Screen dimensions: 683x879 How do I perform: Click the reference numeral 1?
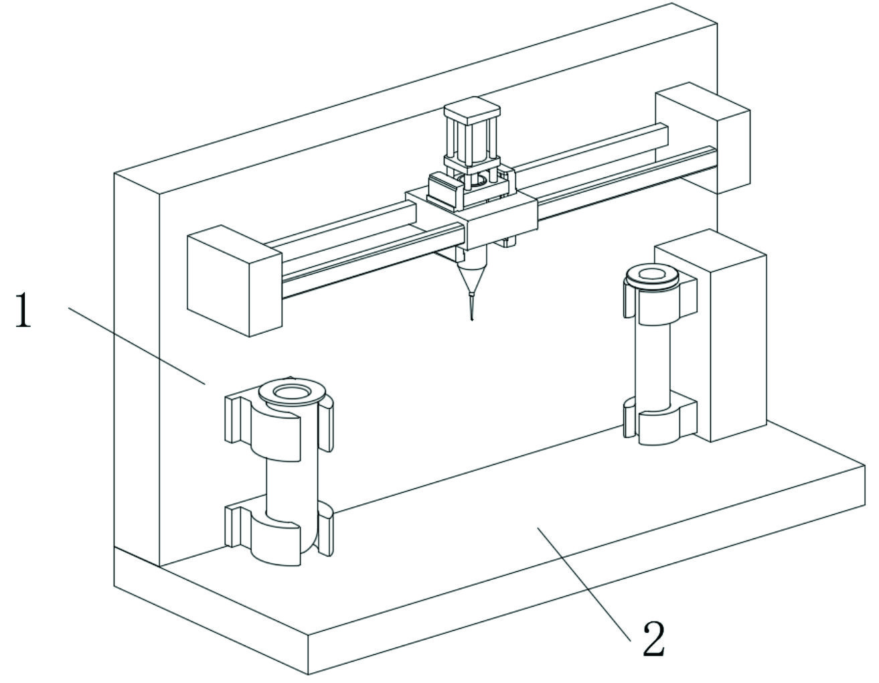click(x=23, y=310)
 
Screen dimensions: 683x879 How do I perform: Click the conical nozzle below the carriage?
click(x=471, y=275)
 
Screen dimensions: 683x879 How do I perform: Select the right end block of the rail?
click(x=703, y=137)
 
